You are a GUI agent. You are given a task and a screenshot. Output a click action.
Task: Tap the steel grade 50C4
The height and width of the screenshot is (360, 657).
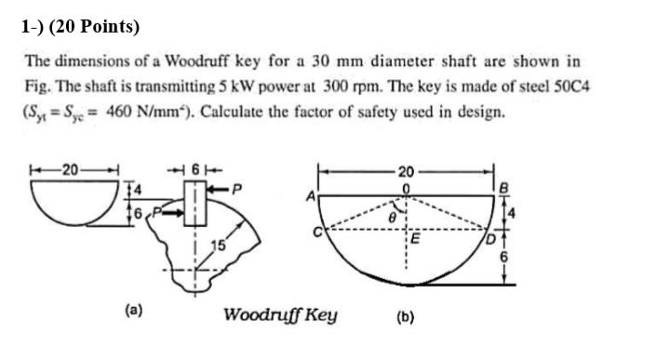(575, 87)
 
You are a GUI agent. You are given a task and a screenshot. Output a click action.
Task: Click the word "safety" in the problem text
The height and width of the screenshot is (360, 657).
(418, 113)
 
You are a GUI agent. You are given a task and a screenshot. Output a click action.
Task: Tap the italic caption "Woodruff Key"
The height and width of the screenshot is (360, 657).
(280, 313)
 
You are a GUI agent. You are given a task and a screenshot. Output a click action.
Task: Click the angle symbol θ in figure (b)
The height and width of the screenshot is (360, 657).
(391, 214)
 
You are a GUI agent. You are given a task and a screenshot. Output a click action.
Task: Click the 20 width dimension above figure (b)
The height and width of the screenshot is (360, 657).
(404, 172)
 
